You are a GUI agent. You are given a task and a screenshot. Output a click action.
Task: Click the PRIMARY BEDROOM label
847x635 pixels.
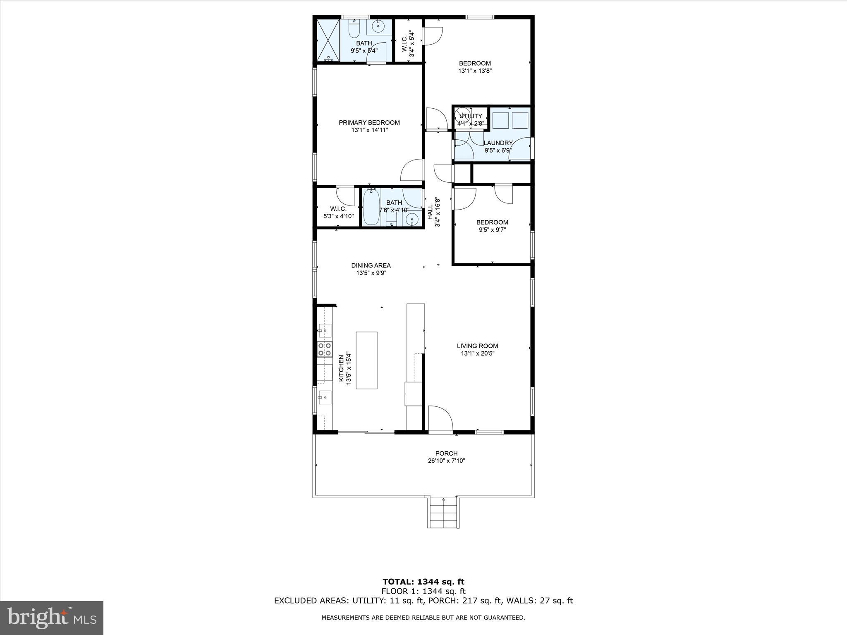[x=369, y=123]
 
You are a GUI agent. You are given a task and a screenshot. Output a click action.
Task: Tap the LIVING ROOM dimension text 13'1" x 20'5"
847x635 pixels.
[x=477, y=353]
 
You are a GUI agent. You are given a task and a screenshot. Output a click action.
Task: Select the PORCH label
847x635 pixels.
[x=446, y=454]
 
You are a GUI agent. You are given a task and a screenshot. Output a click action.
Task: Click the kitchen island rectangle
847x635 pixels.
[x=366, y=360]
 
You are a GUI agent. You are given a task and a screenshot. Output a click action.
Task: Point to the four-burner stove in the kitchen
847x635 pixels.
[x=325, y=349]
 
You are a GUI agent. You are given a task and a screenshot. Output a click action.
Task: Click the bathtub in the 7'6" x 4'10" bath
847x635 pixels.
[x=371, y=207]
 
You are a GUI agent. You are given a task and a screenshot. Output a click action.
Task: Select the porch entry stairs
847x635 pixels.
[x=443, y=513]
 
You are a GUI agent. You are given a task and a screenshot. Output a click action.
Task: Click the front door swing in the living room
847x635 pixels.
[x=440, y=419]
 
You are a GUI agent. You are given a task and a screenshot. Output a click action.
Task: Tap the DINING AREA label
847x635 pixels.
[x=371, y=265]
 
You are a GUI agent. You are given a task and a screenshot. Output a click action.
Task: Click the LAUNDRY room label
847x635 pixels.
[x=498, y=143]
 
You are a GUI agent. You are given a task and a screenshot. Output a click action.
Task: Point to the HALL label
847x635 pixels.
[x=430, y=212]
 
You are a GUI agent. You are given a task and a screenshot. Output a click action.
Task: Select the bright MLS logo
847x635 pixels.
[x=52, y=618]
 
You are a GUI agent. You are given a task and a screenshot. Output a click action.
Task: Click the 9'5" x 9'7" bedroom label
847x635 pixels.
[x=492, y=222]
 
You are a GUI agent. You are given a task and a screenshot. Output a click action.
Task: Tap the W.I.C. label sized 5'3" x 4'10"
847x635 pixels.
[x=338, y=209]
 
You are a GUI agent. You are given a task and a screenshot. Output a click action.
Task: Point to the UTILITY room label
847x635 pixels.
[x=471, y=116]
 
